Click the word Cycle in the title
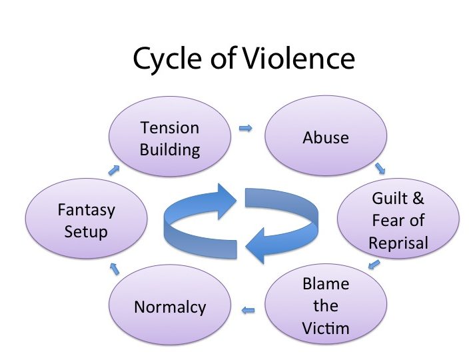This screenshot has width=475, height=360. point(167,59)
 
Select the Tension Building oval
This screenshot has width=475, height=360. point(170,137)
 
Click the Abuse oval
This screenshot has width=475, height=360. point(326,136)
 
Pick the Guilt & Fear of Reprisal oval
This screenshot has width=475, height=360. point(398,218)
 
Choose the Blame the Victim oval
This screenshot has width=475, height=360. point(326,304)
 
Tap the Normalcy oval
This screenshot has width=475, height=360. point(170,305)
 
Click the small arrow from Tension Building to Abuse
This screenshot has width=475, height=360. point(245,128)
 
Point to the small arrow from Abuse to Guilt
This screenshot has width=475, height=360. point(380,169)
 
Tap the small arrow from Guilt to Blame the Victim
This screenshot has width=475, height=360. point(374,264)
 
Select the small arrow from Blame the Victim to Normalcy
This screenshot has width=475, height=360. point(248,310)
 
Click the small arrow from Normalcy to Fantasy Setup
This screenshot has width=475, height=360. point(115,269)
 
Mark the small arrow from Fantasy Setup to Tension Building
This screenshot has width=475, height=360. point(114,170)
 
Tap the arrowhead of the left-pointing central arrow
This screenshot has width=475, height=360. point(254,245)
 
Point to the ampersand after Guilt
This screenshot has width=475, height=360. point(418,199)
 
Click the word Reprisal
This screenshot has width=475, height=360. point(398,243)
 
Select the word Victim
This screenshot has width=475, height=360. point(326,329)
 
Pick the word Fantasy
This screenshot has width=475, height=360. point(87,211)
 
